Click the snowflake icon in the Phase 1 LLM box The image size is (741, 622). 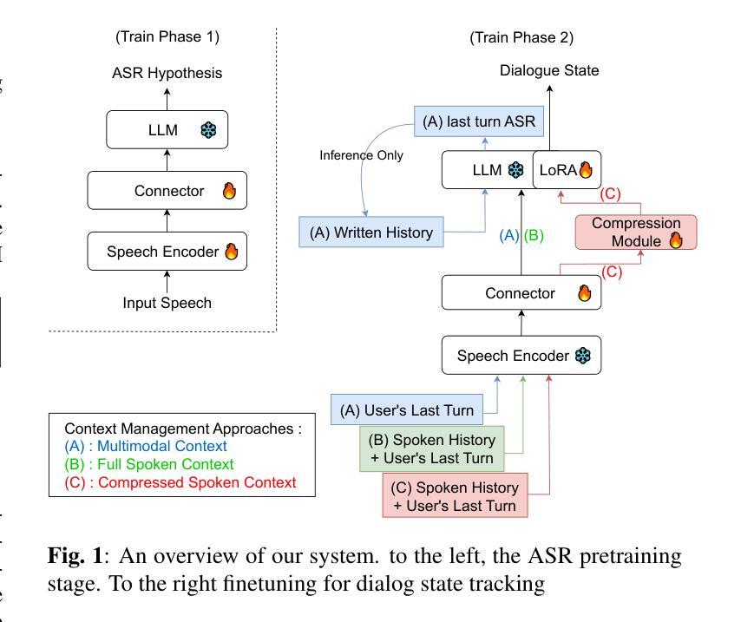(x=208, y=131)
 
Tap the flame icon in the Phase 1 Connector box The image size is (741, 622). (x=229, y=191)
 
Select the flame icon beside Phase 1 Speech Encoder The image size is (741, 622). (x=232, y=252)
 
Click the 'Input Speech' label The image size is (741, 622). (x=167, y=303)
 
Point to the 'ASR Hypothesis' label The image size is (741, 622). (x=167, y=73)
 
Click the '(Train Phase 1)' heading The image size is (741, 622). (x=167, y=36)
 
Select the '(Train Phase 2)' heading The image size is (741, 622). (x=521, y=37)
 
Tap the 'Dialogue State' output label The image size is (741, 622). (x=549, y=70)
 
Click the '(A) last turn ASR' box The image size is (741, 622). (x=478, y=122)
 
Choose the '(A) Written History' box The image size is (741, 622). (x=371, y=232)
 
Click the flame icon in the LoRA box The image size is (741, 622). (x=586, y=170)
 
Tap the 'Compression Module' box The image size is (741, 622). (x=636, y=232)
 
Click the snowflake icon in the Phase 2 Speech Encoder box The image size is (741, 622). (x=582, y=356)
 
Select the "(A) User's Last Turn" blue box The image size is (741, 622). (x=406, y=409)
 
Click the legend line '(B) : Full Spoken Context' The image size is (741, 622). (x=150, y=464)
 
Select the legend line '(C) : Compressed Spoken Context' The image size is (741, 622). (x=180, y=482)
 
